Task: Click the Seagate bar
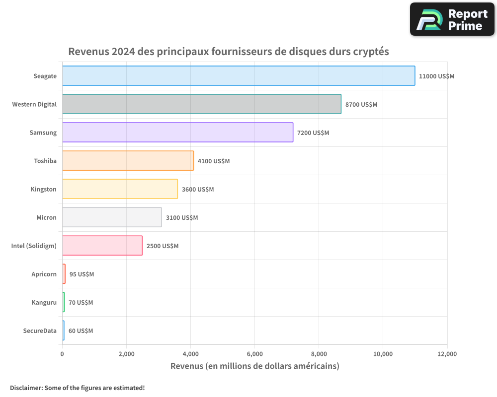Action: [239, 76]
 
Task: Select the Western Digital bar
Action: [201, 104]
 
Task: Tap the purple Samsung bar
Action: [177, 132]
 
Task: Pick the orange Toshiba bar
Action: [128, 161]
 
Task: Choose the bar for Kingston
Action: [120, 189]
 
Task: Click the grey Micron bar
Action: [112, 217]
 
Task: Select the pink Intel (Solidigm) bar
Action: [102, 246]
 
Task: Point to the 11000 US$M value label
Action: [436, 76]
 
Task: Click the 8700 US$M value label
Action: [361, 105]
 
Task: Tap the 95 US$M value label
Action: [82, 274]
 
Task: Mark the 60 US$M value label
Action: [81, 331]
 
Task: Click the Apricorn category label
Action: [44, 274]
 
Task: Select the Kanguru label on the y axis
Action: [44, 303]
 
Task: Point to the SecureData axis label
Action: [40, 331]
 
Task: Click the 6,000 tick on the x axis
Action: [254, 354]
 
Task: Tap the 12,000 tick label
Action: [447, 354]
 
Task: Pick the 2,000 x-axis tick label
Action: [126, 354]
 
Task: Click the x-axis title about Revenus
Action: [254, 366]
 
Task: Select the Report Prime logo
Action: [452, 19]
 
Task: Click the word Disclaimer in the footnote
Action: [26, 388]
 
